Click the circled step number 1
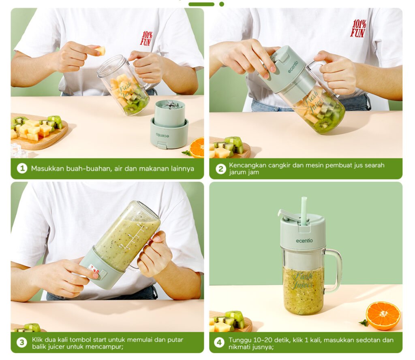click(x=22, y=168)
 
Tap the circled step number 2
click(x=221, y=169)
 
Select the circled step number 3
click(x=22, y=343)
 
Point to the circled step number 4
click(x=219, y=343)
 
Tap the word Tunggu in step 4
click(x=240, y=340)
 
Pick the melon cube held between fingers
click(x=100, y=51)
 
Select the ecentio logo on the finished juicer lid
click(x=304, y=241)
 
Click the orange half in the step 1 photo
click(x=197, y=147)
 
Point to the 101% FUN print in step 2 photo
click(x=358, y=28)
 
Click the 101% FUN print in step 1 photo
click(x=146, y=38)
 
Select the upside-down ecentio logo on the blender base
click(x=163, y=135)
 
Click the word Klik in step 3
click(x=37, y=340)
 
